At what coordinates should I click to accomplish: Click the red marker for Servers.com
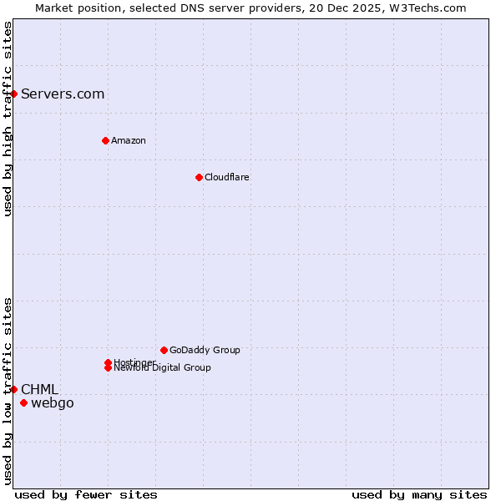[14, 94]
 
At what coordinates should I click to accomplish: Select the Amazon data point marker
[105, 140]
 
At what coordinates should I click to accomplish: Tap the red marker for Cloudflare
[199, 177]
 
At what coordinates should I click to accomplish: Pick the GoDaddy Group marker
[164, 350]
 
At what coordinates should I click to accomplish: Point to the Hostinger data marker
[108, 362]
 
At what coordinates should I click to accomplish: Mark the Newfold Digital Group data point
[108, 368]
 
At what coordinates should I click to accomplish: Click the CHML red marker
[14, 389]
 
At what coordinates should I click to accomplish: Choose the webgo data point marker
[23, 403]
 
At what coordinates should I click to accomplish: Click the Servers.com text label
[63, 94]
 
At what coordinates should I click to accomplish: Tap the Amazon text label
[129, 140]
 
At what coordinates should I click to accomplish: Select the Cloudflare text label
[227, 177]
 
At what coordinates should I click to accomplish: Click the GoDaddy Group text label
[205, 350]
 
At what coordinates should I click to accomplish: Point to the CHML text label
[39, 389]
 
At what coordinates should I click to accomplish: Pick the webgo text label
[53, 403]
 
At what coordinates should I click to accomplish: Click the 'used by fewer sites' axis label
[86, 494]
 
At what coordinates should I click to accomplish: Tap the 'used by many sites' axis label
[419, 494]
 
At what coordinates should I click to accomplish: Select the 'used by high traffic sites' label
[8, 119]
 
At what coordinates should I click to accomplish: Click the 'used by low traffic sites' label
[8, 391]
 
